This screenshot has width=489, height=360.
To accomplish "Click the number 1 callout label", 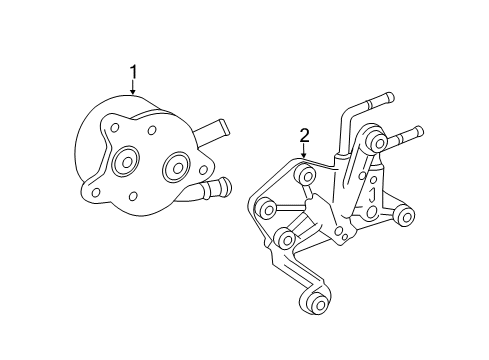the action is (x=133, y=72).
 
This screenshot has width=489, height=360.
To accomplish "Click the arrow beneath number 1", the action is (x=133, y=89).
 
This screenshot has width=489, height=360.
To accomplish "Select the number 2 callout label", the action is (x=304, y=135).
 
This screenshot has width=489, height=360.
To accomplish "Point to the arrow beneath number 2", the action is (x=304, y=152).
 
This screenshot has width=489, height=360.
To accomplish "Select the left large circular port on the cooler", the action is (x=128, y=162).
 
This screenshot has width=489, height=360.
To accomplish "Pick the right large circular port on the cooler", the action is (x=177, y=163).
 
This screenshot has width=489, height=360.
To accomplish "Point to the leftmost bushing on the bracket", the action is (x=265, y=209).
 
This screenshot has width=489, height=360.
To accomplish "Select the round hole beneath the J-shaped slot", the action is (x=373, y=212).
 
